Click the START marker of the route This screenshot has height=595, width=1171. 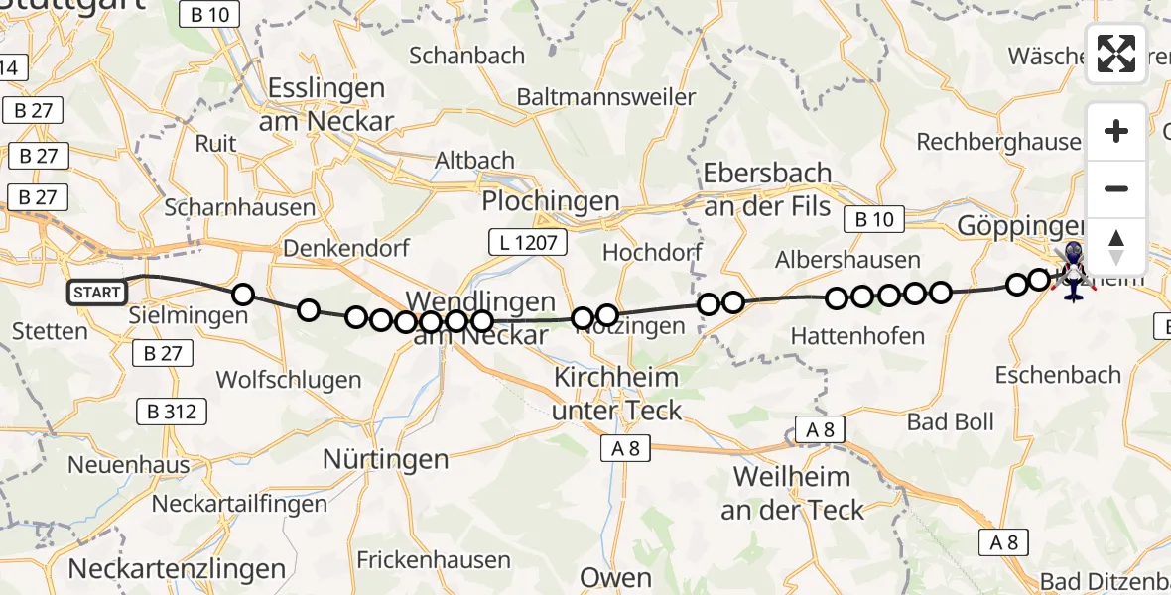tap(97, 293)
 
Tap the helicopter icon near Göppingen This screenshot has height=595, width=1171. tap(1073, 270)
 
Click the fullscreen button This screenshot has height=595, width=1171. tap(1116, 54)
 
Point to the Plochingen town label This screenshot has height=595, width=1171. tap(551, 201)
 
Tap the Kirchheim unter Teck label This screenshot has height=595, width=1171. tap(616, 394)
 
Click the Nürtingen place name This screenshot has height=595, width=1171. tap(386, 459)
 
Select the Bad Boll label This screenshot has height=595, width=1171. tap(950, 421)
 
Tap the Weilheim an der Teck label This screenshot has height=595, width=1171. tap(792, 493)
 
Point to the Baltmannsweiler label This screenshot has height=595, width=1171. tap(605, 97)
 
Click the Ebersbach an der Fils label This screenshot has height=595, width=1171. tap(767, 188)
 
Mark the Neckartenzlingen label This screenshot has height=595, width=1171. tap(177, 569)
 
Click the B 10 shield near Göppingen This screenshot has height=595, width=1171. tap(873, 220)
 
